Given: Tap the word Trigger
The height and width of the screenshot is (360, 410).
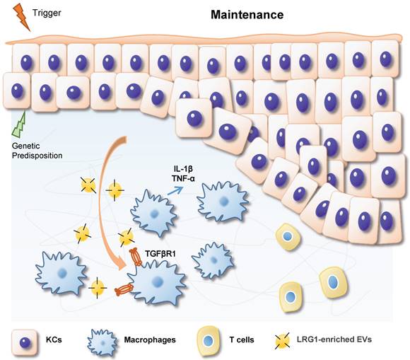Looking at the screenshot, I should [x=46, y=12].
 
